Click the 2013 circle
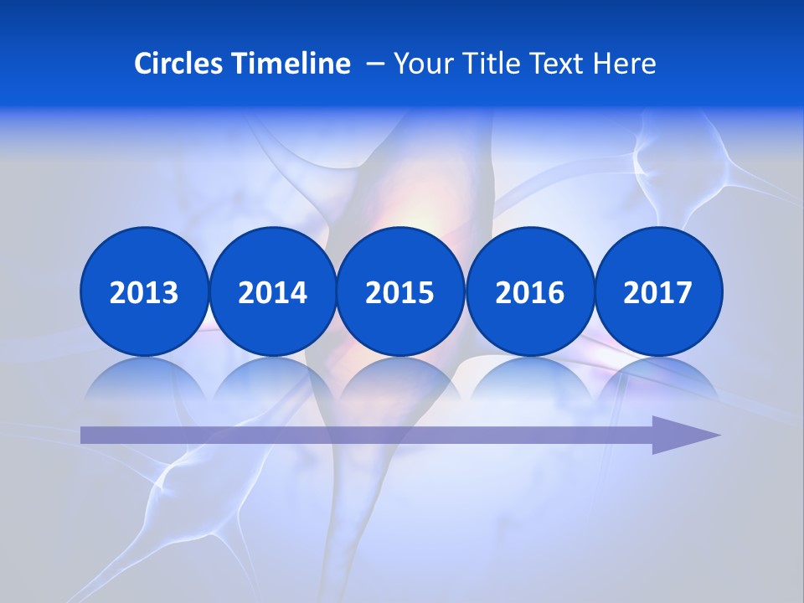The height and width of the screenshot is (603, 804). point(144,291)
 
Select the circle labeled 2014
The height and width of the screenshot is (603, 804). point(272,291)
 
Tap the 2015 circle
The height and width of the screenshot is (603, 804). point(400,291)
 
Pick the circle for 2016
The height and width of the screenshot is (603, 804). point(529,291)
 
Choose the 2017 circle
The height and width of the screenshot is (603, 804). point(658,291)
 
